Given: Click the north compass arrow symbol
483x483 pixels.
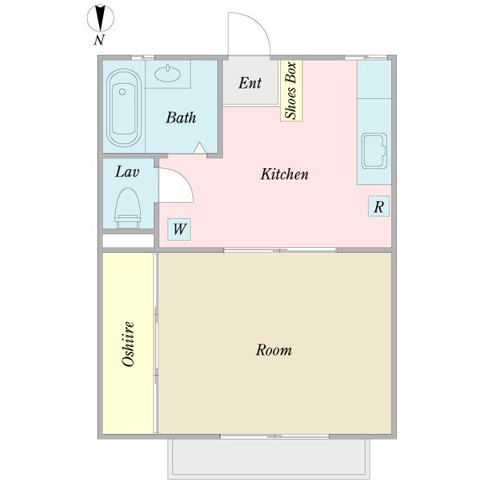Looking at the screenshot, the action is click(101, 19).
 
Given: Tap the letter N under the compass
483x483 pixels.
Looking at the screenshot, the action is click(99, 40).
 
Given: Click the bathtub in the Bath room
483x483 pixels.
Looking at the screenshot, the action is click(124, 108).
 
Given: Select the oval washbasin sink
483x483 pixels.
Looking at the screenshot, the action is click(167, 73).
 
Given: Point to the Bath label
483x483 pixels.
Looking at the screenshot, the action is click(181, 118).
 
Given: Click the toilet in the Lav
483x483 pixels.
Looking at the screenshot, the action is click(128, 208).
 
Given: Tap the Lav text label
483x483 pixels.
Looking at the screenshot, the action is click(127, 172).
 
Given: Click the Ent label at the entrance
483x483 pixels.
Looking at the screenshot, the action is click(250, 83).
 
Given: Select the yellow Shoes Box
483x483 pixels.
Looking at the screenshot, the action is click(291, 90).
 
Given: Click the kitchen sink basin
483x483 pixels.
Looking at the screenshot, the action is click(374, 151).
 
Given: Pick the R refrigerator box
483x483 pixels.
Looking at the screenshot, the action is click(378, 206).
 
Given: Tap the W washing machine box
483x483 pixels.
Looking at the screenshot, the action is click(180, 229).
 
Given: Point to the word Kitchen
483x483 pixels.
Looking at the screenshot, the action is click(284, 174).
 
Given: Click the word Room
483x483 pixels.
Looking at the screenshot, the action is click(274, 350).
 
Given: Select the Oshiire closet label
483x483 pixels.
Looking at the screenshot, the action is click(128, 344).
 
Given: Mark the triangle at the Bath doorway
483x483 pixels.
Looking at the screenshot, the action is click(200, 148).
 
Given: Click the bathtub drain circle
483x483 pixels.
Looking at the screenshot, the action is click(122, 92).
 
